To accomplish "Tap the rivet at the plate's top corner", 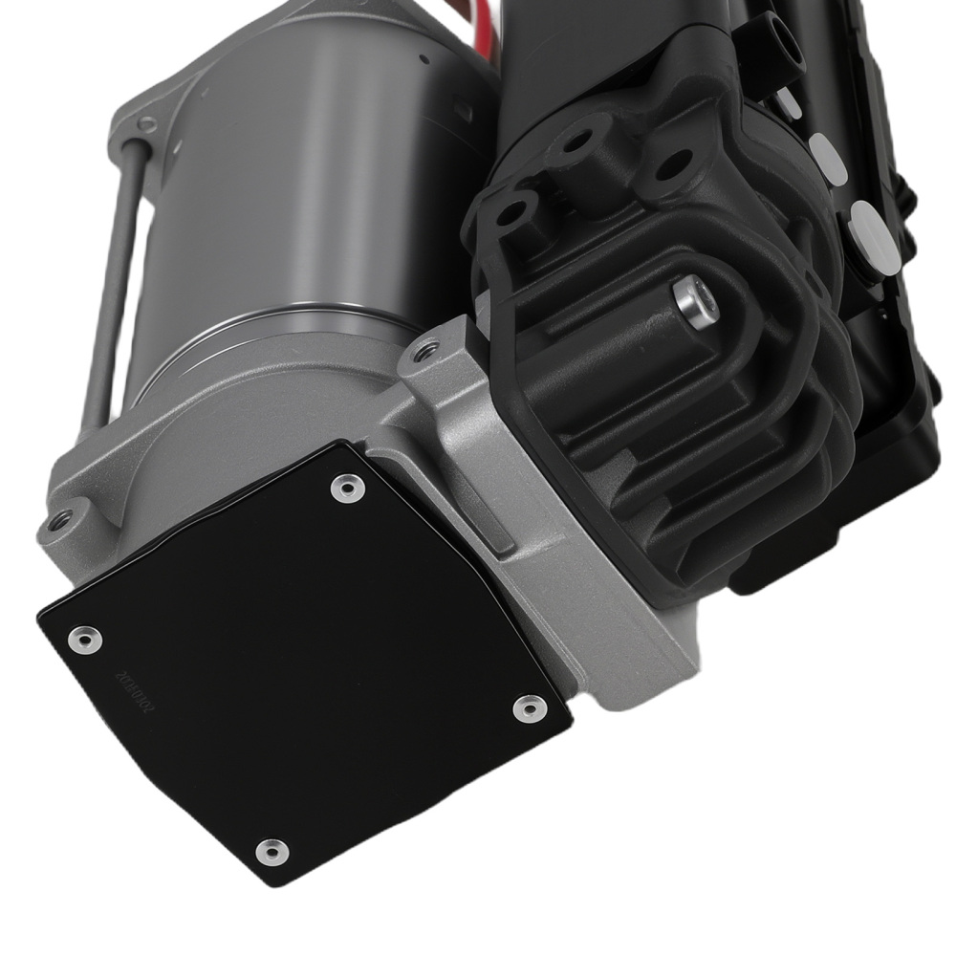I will tap(345, 489).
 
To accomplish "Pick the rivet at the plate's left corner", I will tap(86, 638).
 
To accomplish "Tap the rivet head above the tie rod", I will tap(145, 122).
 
